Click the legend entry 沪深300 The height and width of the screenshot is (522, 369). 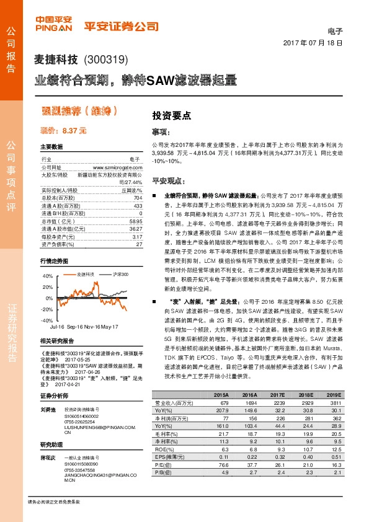(121, 273)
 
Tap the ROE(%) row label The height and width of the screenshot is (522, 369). (162, 448)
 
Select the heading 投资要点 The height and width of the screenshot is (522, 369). (171, 116)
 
